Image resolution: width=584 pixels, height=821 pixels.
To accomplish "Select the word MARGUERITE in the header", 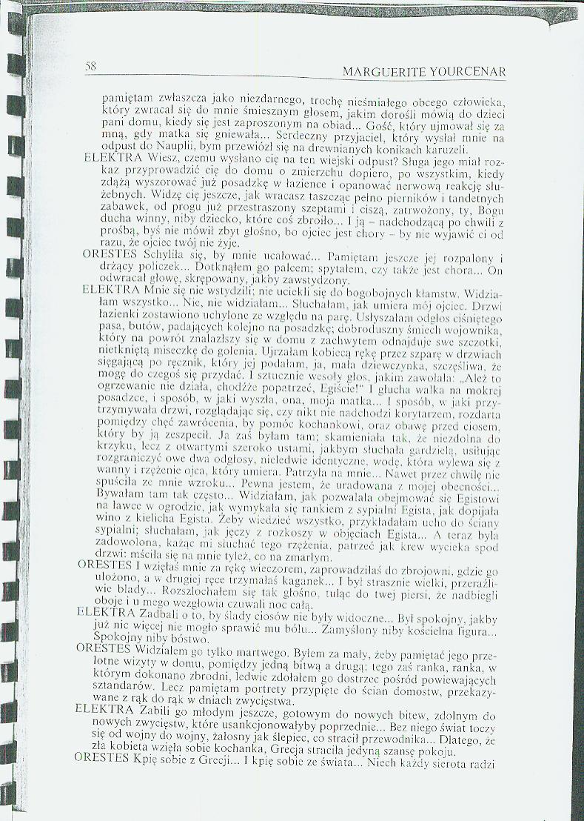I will click(386, 72).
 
